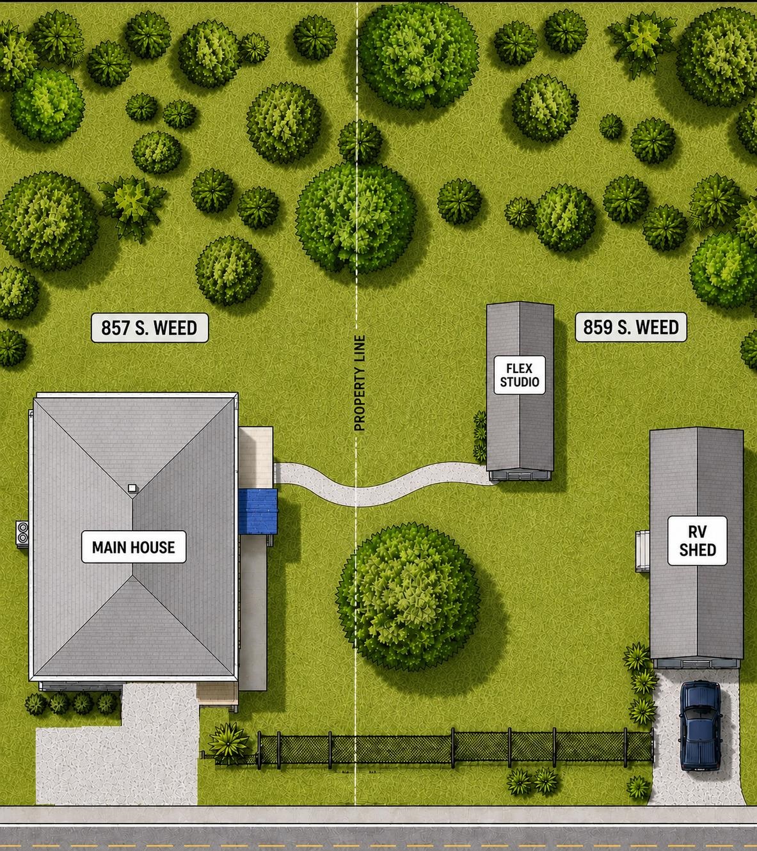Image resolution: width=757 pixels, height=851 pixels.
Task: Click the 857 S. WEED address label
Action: tap(150, 328)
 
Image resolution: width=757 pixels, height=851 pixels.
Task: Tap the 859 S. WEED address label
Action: tap(630, 327)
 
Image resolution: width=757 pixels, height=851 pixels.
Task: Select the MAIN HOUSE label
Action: tap(134, 546)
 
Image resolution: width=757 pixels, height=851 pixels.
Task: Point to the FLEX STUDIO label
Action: tap(519, 375)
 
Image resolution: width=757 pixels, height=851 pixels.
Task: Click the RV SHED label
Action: tap(697, 541)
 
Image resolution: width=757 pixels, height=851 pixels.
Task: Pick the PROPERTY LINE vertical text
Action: tap(360, 383)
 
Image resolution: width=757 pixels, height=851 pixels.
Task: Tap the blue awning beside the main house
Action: tap(258, 511)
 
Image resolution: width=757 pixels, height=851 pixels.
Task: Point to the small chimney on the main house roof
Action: tap(132, 488)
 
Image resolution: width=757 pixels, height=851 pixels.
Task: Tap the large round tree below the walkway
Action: tap(408, 596)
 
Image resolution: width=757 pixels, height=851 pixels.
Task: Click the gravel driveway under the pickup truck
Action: tap(697, 738)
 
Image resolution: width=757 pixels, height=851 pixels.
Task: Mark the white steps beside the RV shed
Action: tap(642, 551)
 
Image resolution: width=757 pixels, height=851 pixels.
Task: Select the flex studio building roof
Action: tap(520, 386)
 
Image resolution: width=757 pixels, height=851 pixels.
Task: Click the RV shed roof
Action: tap(696, 543)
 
